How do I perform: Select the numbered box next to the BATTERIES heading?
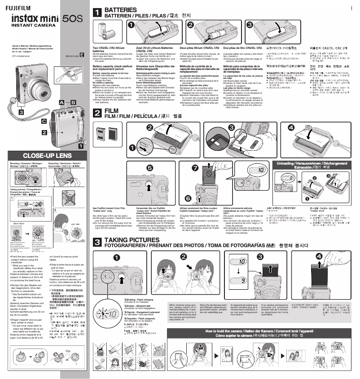[x=97, y=13]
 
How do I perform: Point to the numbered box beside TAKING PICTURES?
[x=97, y=242]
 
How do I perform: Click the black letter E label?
[x=82, y=56]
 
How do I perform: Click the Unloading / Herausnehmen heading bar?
[x=314, y=165]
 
